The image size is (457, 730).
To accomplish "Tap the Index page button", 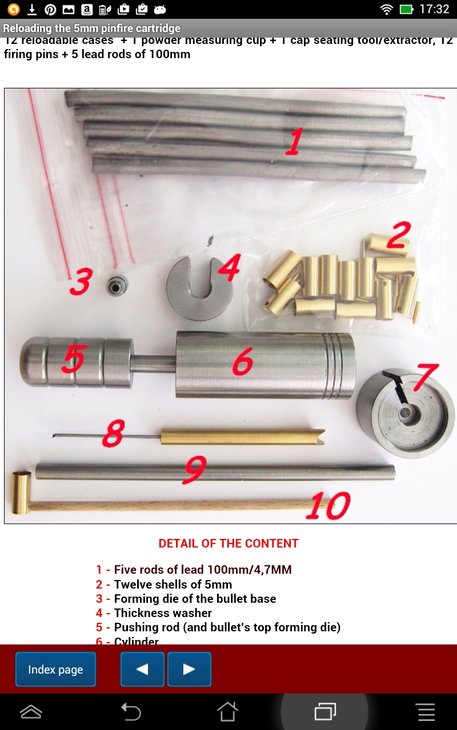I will tap(55, 670).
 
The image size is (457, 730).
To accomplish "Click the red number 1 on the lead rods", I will tap(294, 142).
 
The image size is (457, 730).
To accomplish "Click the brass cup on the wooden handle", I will tap(22, 492).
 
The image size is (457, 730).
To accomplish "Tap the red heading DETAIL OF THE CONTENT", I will tap(228, 544).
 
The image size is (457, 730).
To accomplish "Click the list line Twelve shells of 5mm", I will tap(173, 584).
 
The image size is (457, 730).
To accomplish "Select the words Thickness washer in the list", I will tap(163, 613).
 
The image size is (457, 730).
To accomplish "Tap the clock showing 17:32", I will tap(434, 9).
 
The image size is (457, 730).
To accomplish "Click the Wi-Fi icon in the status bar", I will tap(387, 9).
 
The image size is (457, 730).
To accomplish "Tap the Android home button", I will tap(227, 711).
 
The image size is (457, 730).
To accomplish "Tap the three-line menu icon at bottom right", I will tap(426, 711).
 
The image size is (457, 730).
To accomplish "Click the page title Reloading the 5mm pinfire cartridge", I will tap(91, 28).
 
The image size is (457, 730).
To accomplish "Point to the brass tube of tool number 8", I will tap(240, 437).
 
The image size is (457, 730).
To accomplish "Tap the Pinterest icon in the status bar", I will tap(50, 9).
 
